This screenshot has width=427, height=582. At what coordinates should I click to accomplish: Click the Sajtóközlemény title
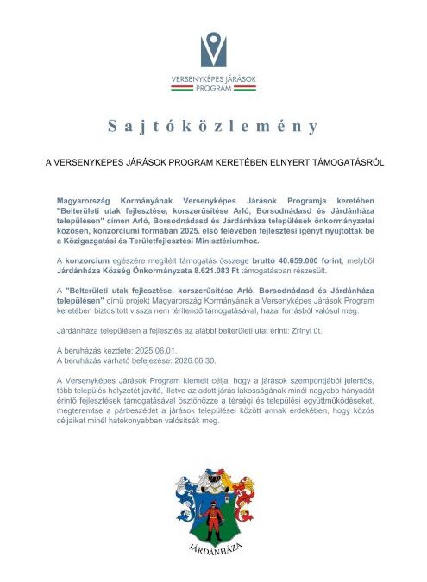pos(213,127)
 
